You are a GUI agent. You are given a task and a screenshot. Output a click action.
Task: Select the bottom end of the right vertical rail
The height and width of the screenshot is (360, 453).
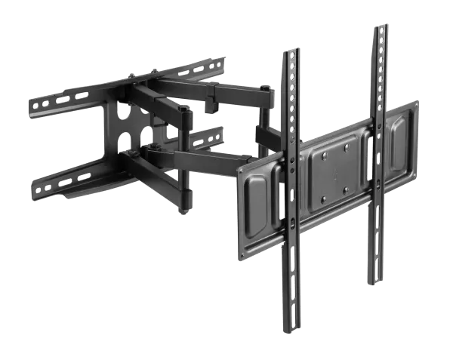click(x=374, y=281)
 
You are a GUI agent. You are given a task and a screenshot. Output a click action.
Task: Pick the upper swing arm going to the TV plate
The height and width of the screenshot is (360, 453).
click(x=226, y=95)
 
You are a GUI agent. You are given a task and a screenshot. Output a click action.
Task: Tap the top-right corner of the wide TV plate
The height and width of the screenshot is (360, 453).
click(x=418, y=101)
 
